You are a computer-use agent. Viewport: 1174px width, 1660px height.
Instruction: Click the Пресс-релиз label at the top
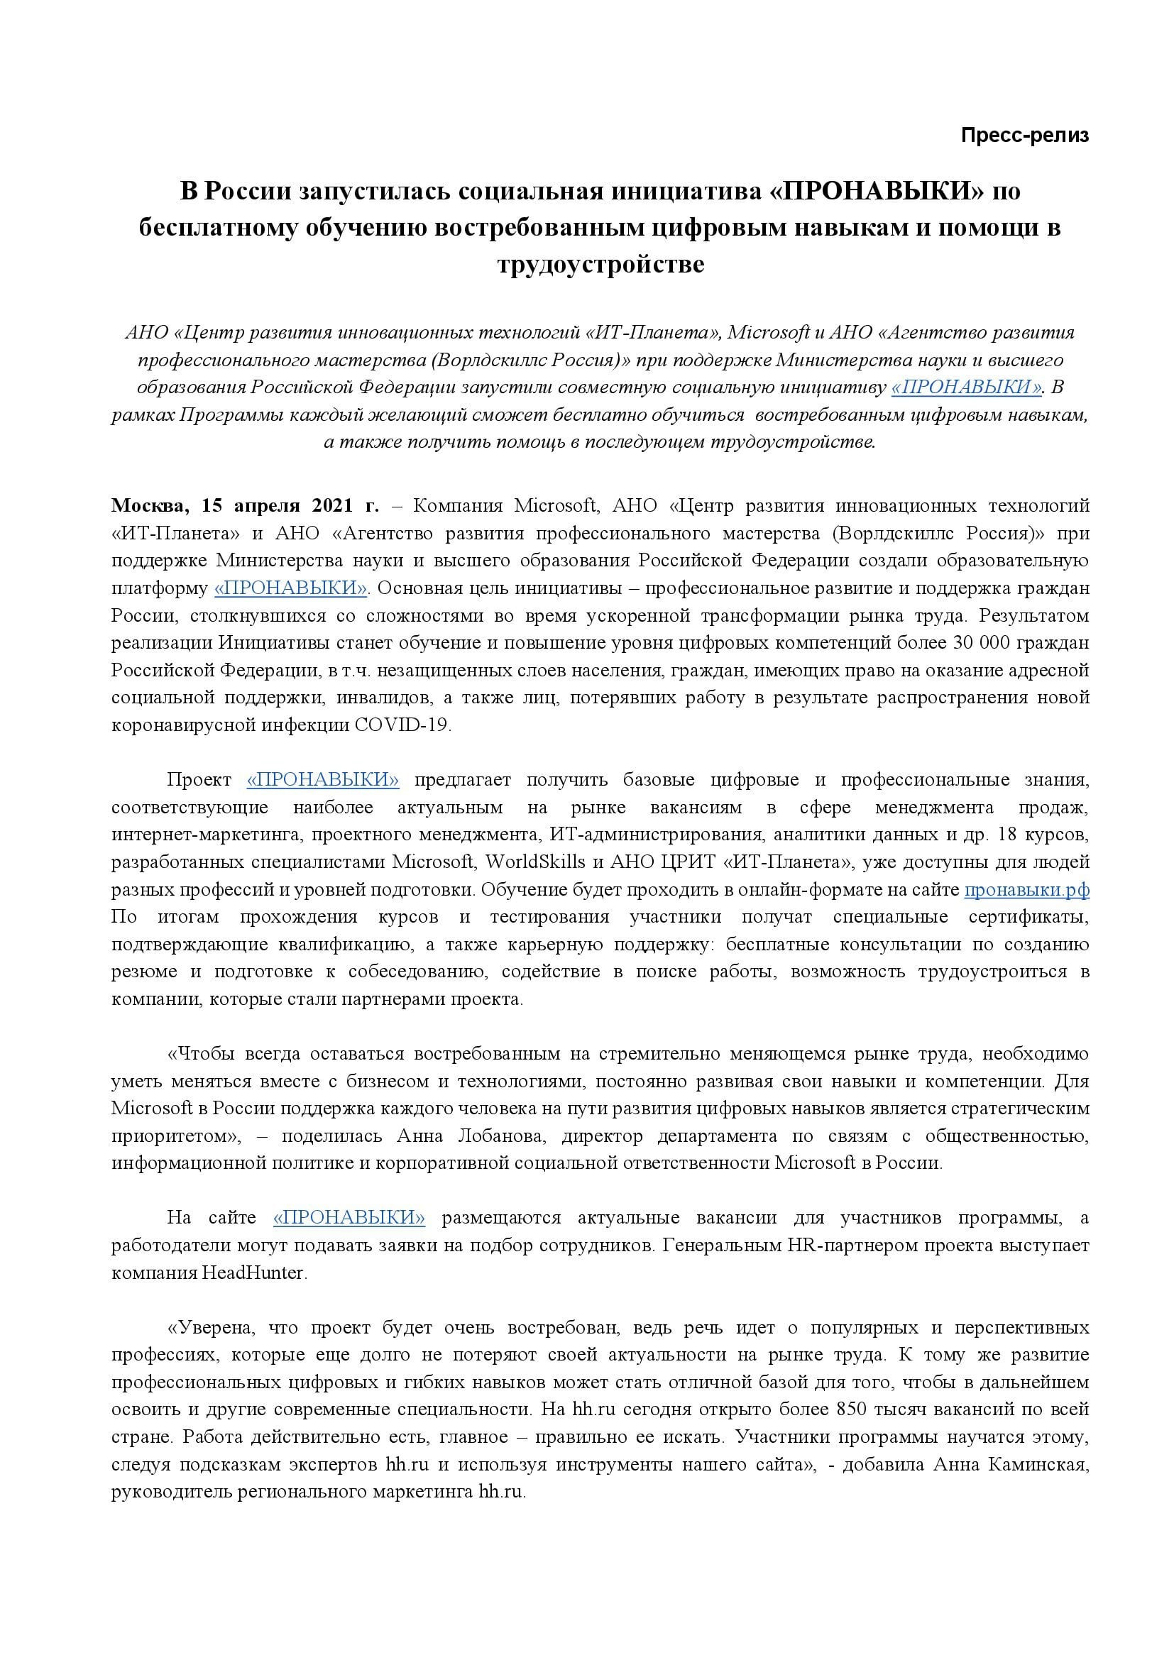coord(1024,136)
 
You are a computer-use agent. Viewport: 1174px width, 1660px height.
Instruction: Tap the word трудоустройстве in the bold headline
coord(600,265)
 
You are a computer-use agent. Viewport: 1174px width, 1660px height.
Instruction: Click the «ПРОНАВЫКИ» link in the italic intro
coord(967,387)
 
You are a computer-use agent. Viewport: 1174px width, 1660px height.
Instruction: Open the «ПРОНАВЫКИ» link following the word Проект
coord(322,780)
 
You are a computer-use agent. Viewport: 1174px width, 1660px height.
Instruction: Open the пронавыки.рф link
coord(1026,890)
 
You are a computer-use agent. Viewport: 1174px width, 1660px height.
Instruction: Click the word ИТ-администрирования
coord(656,835)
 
